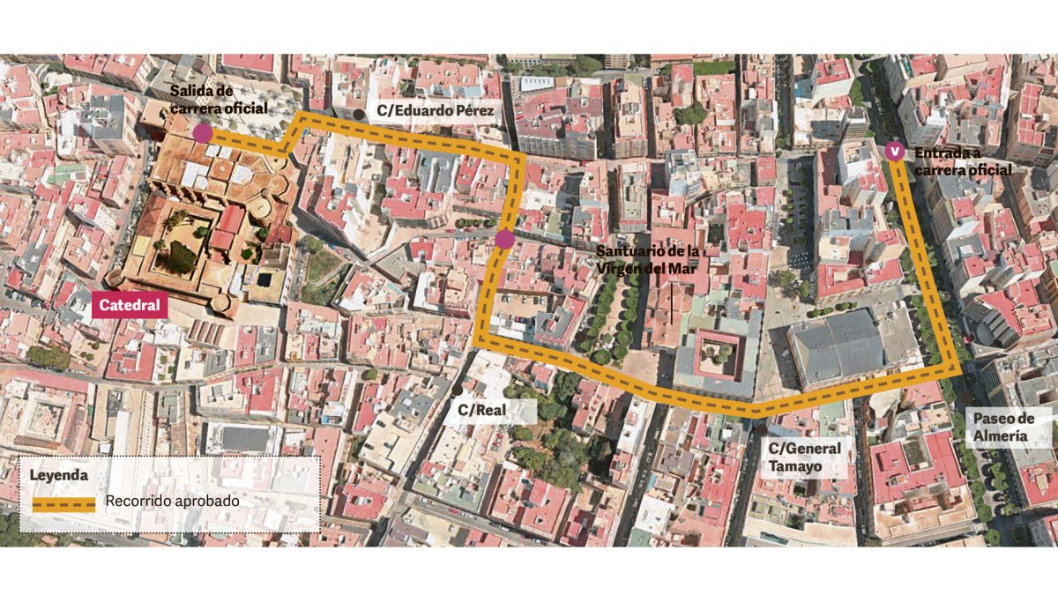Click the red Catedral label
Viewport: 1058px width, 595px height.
tap(130, 306)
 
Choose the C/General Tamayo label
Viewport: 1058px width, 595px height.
tap(804, 457)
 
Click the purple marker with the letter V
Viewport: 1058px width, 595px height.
tap(895, 152)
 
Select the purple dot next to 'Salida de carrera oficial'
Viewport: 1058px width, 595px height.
tap(202, 133)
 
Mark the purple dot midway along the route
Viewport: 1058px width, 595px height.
tap(504, 240)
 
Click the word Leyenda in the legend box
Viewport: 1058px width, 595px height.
tap(59, 474)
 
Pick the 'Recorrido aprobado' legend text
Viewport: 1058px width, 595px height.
tap(173, 502)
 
